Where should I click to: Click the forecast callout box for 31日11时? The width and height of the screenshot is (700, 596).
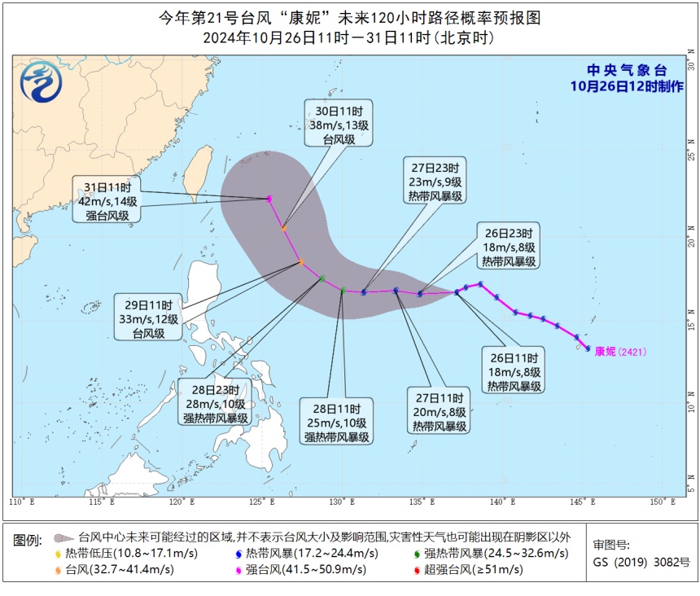click(x=107, y=199)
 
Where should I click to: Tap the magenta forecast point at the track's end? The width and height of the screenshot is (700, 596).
click(x=269, y=198)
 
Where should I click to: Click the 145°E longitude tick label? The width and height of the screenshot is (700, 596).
click(x=585, y=502)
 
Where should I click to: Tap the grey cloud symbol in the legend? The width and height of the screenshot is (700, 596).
click(x=63, y=538)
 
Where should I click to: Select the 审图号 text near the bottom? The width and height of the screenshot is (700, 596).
click(x=611, y=546)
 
